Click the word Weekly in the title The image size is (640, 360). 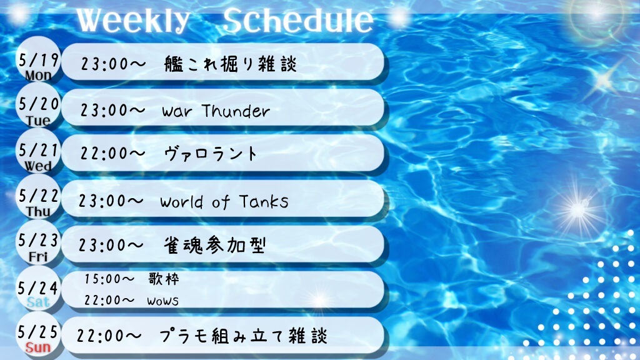pyautogui.click(x=133, y=21)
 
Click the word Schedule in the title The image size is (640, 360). pyautogui.click(x=298, y=21)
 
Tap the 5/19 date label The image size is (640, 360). pyautogui.click(x=38, y=61)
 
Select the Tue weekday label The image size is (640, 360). pyautogui.click(x=38, y=121)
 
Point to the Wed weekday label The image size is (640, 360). pyautogui.click(x=38, y=166)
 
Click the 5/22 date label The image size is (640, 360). pyautogui.click(x=38, y=196)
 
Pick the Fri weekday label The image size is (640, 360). pyautogui.click(x=38, y=257)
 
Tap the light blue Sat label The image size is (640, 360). pyautogui.click(x=38, y=302)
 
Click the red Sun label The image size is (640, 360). pyautogui.click(x=38, y=347)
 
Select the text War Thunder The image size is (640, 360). pyautogui.click(x=216, y=111)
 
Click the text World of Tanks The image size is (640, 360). pyautogui.click(x=224, y=202)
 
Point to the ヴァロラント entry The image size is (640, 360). pyautogui.click(x=211, y=154)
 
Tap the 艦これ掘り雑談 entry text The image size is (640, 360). pyautogui.click(x=231, y=64)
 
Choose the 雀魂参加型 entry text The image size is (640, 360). pyautogui.click(x=215, y=245)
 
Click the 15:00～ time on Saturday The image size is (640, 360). pyautogui.click(x=109, y=279)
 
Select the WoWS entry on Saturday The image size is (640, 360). pyautogui.click(x=163, y=301)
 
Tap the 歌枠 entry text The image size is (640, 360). pyautogui.click(x=164, y=279)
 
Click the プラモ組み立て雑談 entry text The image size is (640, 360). pyautogui.click(x=244, y=336)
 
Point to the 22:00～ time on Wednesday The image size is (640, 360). pyautogui.click(x=112, y=154)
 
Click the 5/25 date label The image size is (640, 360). pyautogui.click(x=37, y=332)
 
